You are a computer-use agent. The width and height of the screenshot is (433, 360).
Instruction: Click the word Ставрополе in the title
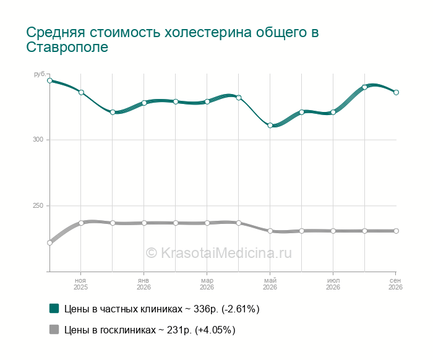click(x=67, y=48)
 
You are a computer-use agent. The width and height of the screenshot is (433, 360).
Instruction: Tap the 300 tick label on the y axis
click(x=38, y=139)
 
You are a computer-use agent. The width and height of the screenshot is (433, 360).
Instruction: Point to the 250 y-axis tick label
click(x=38, y=206)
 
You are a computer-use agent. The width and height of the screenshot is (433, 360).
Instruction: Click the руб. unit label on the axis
click(x=40, y=74)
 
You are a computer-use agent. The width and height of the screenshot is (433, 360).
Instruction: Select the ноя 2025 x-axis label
click(x=80, y=284)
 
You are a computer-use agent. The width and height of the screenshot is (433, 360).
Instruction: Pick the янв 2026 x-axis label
click(x=144, y=284)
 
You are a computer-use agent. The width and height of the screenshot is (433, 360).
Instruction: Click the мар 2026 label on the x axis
click(x=207, y=284)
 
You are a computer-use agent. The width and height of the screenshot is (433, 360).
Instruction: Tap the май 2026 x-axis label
click(x=270, y=284)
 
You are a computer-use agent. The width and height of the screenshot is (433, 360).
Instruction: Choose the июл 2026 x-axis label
click(x=333, y=284)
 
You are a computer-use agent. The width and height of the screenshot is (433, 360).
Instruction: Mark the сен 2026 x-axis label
click(x=395, y=284)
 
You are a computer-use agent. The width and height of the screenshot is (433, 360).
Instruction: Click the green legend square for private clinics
click(x=54, y=309)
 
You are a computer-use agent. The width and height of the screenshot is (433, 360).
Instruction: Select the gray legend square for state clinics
click(x=54, y=329)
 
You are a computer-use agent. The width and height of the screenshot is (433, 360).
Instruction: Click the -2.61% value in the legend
click(x=241, y=309)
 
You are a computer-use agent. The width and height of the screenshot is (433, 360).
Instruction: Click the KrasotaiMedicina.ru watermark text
click(x=218, y=253)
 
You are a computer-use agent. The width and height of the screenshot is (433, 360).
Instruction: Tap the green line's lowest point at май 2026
click(x=270, y=126)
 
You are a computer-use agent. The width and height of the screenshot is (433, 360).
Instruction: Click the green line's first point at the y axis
click(x=49, y=80)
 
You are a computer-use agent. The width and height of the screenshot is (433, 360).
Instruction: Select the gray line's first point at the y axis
click(x=49, y=242)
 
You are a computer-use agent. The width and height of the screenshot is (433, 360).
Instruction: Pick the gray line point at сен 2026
click(x=396, y=231)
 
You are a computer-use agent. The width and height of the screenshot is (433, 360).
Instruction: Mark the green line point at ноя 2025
click(x=81, y=92)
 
